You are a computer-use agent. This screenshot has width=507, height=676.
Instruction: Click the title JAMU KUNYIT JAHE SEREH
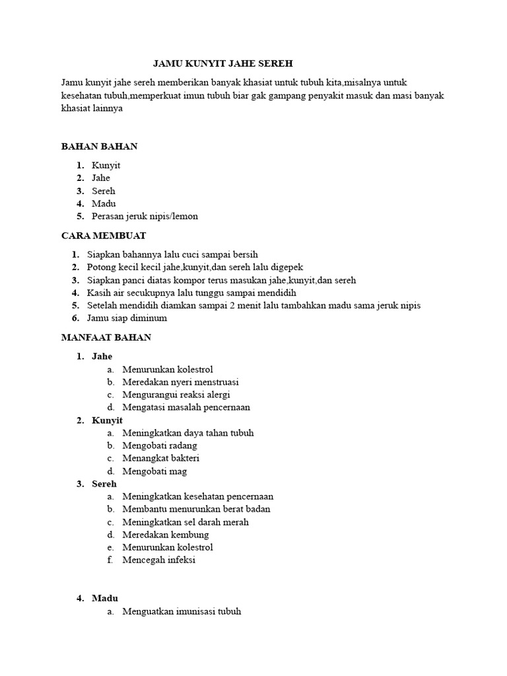coord(222,63)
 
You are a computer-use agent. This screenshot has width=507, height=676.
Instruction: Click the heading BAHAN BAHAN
coord(100,146)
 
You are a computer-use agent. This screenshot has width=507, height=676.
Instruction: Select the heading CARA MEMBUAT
coord(104,235)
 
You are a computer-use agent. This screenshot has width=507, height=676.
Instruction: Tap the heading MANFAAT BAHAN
coord(106,337)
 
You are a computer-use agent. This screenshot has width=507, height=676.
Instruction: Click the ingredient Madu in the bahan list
coord(104,203)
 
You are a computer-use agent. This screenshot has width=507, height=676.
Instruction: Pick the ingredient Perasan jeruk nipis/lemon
coord(145,216)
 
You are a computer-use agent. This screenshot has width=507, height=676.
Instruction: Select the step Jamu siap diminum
coord(127,318)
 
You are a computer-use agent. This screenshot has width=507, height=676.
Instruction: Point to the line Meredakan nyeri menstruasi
coord(180,382)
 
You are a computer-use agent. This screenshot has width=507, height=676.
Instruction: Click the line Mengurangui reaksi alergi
coord(176,395)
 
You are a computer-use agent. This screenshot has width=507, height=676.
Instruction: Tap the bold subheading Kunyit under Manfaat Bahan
coord(107,420)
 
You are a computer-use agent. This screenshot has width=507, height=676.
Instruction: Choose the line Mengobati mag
coord(154,471)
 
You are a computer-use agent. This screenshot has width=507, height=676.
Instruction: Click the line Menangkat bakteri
coord(160,458)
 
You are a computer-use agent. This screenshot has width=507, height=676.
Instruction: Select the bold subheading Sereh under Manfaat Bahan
coord(104,484)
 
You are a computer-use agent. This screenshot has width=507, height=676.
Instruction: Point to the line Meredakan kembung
coord(165,534)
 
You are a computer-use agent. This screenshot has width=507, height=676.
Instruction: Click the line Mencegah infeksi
coord(158,560)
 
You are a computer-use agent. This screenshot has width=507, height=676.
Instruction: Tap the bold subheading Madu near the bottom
coord(105,598)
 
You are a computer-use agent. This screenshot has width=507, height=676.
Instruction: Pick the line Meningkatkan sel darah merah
coord(186,522)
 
